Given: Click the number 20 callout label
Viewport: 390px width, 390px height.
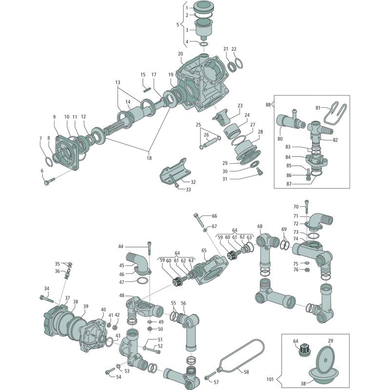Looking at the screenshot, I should click(180, 54).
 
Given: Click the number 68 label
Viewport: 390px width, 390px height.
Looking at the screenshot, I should click(260, 226).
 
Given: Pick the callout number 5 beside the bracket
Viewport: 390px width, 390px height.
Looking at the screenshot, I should click(178, 24).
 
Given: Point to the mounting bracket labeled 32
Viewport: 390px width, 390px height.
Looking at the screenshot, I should click(175, 171).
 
